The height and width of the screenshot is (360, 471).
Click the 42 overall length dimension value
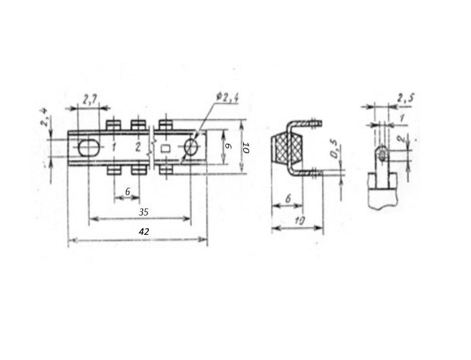coord(144,231)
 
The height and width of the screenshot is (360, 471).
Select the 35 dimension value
coord(144,212)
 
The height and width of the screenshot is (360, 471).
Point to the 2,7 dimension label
coord(90,100)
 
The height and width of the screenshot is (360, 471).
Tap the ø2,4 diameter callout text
coord(227,97)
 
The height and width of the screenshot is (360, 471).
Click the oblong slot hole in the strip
coord(88,148)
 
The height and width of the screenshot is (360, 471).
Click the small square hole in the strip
coord(166,148)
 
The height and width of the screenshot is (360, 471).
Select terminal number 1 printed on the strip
coord(113,147)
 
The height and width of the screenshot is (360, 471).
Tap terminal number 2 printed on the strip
coord(138,147)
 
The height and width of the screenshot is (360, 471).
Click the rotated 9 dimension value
coord(228,146)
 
